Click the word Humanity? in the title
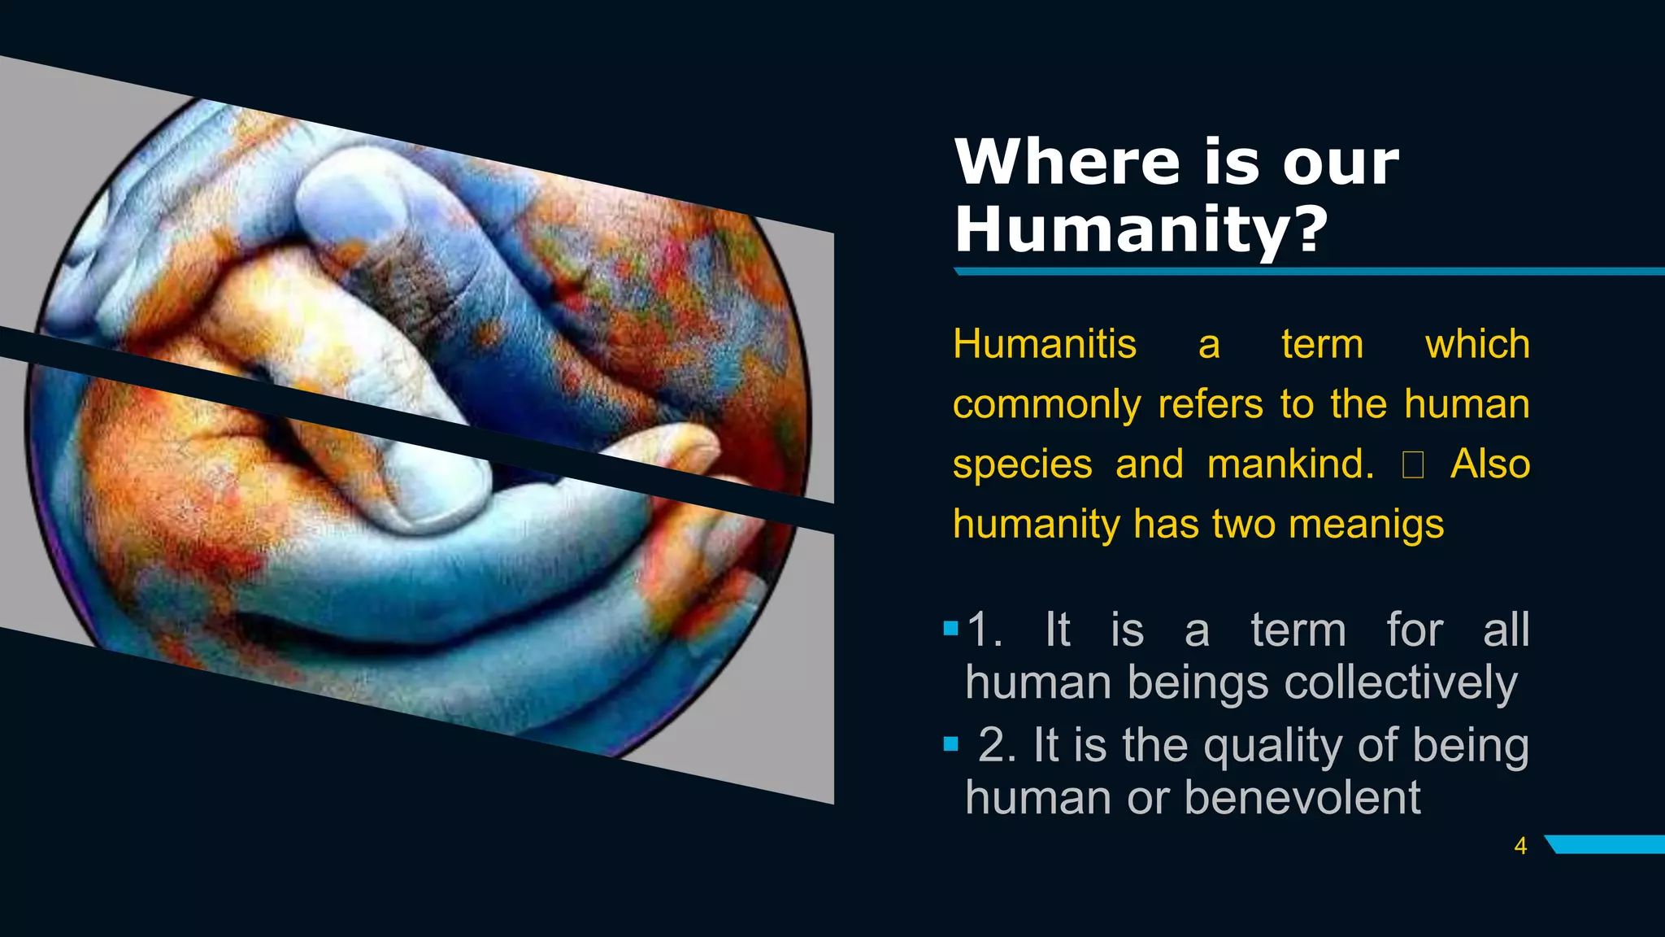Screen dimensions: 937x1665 [x=1140, y=229]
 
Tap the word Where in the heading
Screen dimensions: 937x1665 [x=1066, y=162]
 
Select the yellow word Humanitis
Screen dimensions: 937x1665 [x=1044, y=344]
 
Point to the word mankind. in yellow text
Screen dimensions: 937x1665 [x=1290, y=464]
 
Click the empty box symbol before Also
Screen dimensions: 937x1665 [x=1413, y=464]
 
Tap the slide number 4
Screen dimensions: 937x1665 [x=1520, y=846]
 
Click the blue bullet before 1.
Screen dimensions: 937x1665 [x=951, y=628]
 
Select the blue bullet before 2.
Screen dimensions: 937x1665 [x=951, y=743]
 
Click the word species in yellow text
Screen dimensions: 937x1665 [x=1022, y=464]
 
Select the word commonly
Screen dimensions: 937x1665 [x=1046, y=404]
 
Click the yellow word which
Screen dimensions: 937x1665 [x=1477, y=344]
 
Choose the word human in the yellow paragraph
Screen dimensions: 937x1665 [x=1467, y=404]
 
